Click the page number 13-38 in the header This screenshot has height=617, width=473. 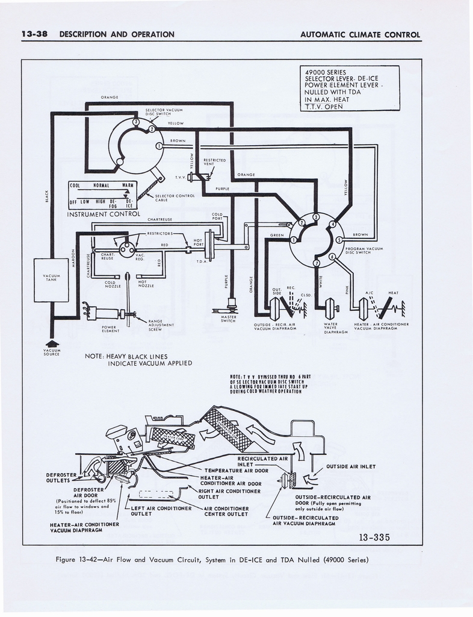click(35, 34)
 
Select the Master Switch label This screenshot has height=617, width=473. click(228, 319)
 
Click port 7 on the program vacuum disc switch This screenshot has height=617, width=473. click(317, 263)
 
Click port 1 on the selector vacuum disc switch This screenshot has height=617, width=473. click(159, 146)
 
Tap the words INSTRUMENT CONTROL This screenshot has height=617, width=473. click(104, 214)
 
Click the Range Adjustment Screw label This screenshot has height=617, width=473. click(161, 324)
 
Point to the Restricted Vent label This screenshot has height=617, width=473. click(215, 161)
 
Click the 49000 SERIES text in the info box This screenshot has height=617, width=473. click(326, 72)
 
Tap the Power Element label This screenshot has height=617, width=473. click(110, 328)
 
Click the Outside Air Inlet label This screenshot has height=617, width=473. click(350, 466)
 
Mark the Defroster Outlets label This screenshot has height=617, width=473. click(61, 477)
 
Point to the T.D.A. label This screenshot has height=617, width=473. click(202, 262)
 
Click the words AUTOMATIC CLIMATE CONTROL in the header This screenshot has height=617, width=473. click(360, 34)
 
